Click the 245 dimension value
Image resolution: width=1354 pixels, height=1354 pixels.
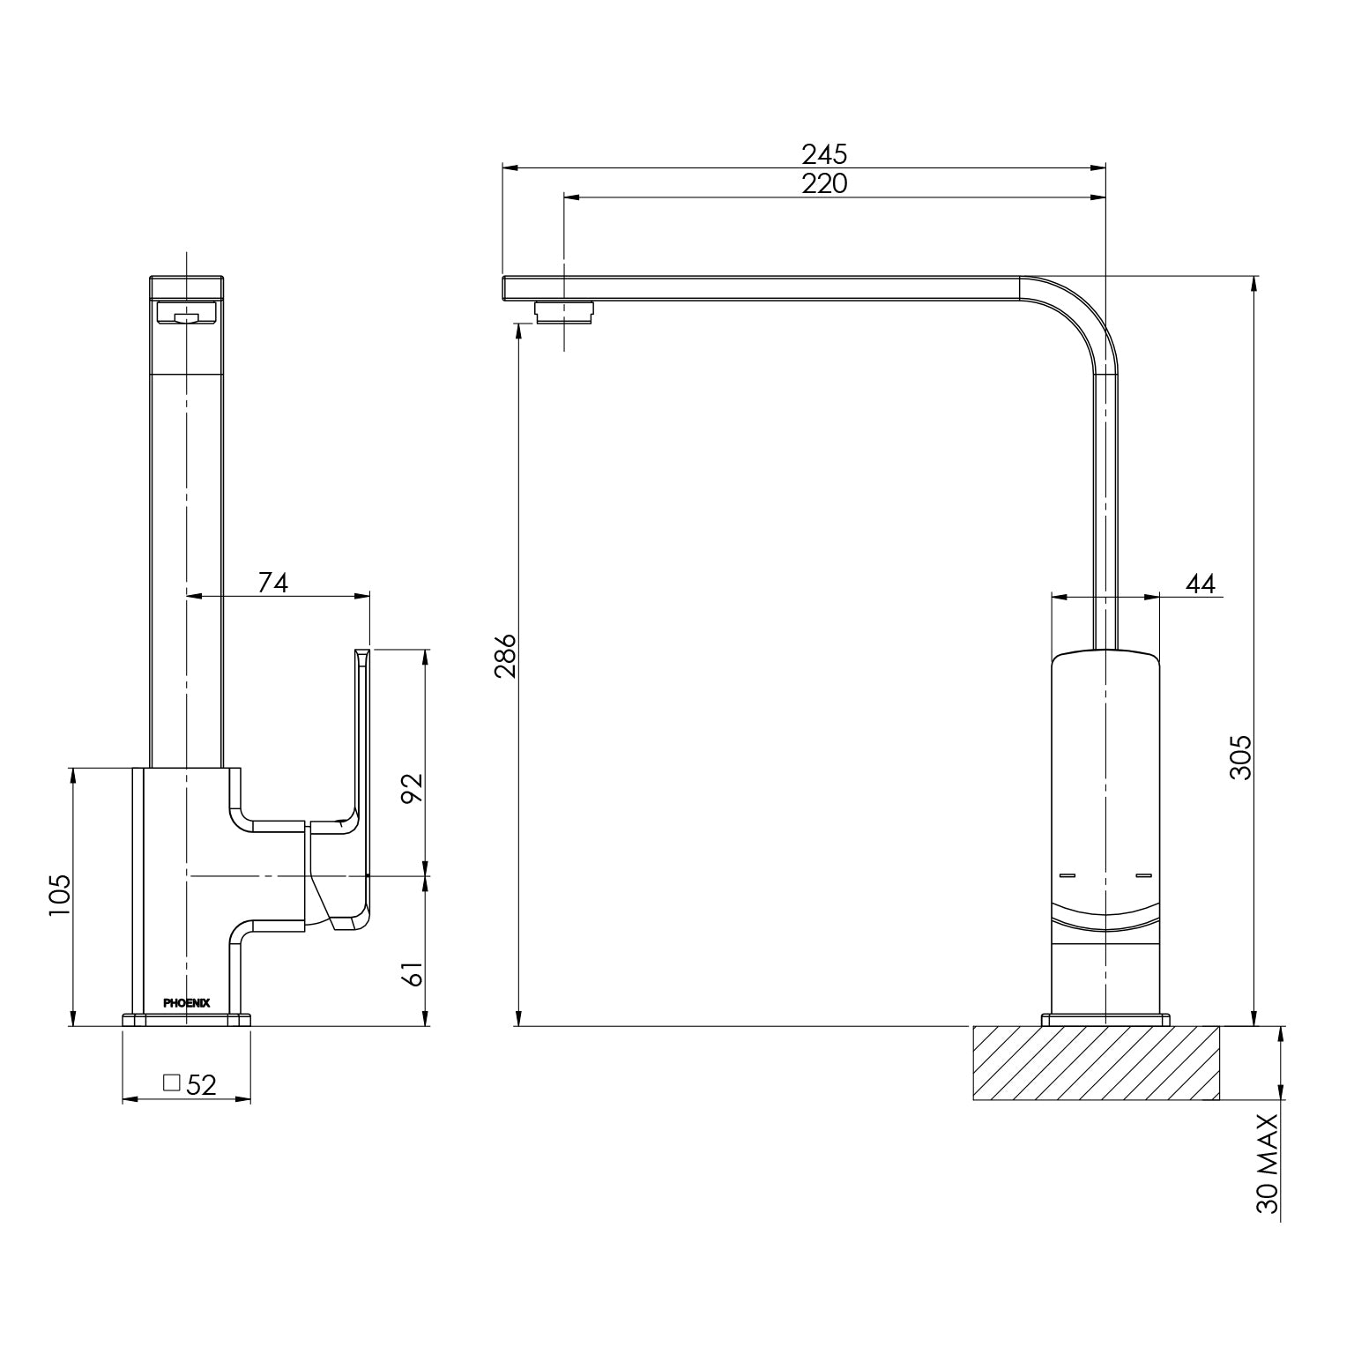coord(823,154)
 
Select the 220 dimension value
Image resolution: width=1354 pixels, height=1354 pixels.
coord(823,183)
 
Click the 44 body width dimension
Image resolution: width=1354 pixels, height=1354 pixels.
coord(1200,584)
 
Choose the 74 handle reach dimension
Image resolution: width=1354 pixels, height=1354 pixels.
coord(272,583)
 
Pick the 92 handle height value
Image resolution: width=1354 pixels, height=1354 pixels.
coord(413,786)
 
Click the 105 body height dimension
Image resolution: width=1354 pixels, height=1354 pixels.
coord(59,895)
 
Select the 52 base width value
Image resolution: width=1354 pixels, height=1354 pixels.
coord(202,1084)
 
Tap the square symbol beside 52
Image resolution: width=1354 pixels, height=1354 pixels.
coord(172,1082)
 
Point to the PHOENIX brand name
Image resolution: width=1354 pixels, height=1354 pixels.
coord(187,1002)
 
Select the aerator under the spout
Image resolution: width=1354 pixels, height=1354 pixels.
coord(565,311)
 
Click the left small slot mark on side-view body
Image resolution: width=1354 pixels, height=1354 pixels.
coord(1068,875)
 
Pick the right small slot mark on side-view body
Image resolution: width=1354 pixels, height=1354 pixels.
coord(1144,875)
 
